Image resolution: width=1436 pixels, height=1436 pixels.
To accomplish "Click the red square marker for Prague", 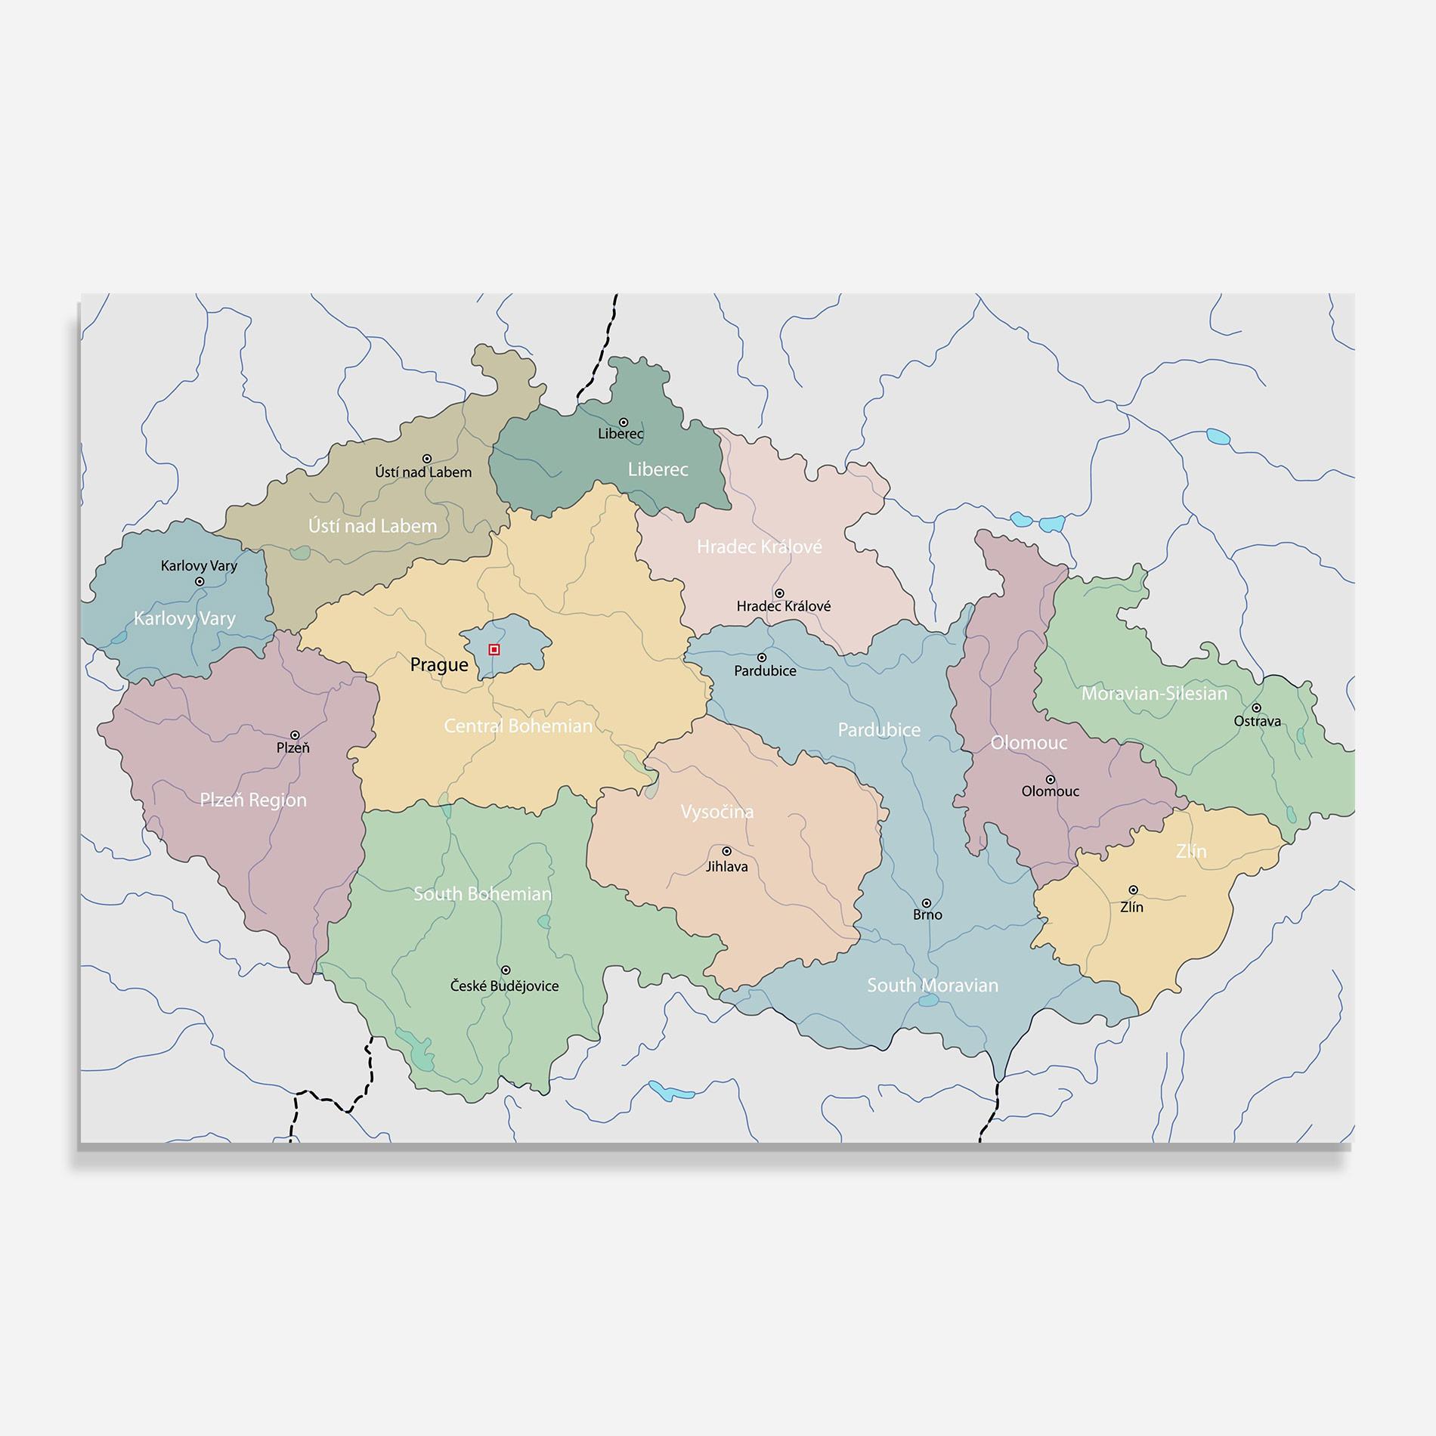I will click(x=494, y=649).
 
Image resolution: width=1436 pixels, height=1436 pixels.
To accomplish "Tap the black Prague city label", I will click(x=439, y=665).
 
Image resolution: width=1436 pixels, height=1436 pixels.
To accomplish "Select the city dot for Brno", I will click(x=926, y=903).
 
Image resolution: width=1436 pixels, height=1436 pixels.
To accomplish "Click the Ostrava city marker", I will click(x=1256, y=708).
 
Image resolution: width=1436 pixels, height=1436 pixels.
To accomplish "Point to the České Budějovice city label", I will click(x=504, y=986).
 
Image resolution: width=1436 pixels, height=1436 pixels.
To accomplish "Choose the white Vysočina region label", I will click(x=716, y=812).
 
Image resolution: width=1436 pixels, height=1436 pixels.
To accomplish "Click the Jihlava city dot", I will click(x=726, y=852).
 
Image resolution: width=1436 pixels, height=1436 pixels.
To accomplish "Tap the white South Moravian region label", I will click(x=932, y=986).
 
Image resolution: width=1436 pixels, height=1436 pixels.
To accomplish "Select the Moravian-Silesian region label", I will click(x=1154, y=694).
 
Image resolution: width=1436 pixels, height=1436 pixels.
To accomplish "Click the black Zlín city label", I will click(x=1131, y=908).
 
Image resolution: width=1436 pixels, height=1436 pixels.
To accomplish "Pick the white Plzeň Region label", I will click(x=253, y=800).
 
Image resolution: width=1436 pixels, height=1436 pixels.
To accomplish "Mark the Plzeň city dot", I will click(x=295, y=735).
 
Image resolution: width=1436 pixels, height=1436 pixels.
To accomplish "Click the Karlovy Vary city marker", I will click(x=200, y=581).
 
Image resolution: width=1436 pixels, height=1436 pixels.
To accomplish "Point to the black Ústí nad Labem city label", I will click(x=423, y=472).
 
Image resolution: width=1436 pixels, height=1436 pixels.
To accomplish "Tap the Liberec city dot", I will click(x=624, y=422).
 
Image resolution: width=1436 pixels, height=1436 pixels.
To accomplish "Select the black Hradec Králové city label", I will click(x=784, y=606).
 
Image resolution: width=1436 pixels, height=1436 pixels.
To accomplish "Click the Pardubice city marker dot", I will click(x=762, y=658).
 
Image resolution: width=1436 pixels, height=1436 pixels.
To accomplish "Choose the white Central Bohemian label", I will click(x=518, y=726).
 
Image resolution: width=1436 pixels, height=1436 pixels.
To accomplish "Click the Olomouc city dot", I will click(x=1050, y=779).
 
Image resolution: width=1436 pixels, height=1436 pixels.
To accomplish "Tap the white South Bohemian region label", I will click(x=482, y=894).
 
